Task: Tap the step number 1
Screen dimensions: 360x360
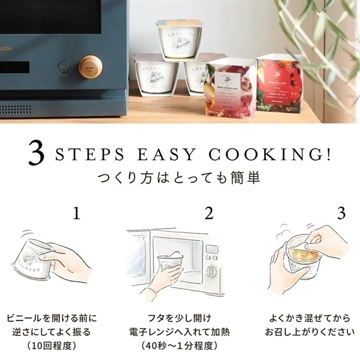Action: tap(76, 214)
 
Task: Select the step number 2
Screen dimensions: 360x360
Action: tap(209, 214)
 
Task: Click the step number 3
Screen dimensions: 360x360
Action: tap(341, 214)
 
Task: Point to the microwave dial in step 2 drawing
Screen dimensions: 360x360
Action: tap(211, 271)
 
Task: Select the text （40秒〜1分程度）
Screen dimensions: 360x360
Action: tap(179, 346)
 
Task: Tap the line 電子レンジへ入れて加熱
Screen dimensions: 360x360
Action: tap(179, 332)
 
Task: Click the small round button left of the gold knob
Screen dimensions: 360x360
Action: tap(62, 67)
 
